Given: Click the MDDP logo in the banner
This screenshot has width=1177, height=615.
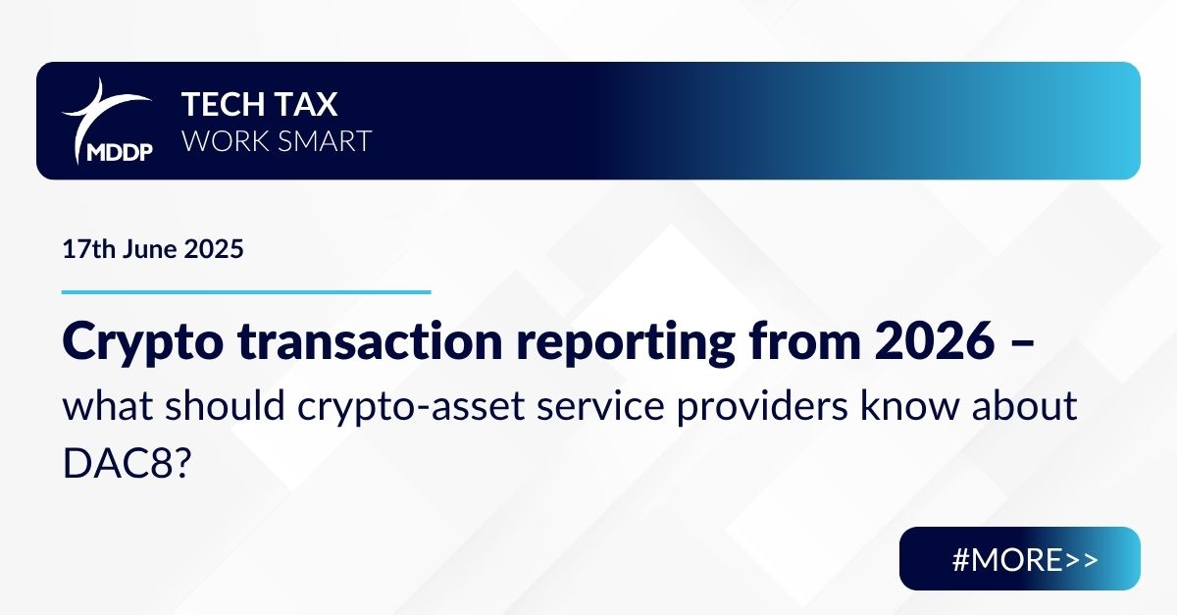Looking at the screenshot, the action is [x=108, y=122].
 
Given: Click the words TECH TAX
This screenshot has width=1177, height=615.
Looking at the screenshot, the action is [x=260, y=104].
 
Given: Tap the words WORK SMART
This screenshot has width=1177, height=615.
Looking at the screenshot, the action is [x=277, y=141].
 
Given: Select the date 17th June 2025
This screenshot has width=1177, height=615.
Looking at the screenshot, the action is [x=153, y=248].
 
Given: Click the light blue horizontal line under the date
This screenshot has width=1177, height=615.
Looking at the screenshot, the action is [x=246, y=291].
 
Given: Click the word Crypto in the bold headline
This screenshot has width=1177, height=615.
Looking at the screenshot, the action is [x=143, y=342].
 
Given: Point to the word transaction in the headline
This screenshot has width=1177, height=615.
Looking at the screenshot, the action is [x=370, y=341].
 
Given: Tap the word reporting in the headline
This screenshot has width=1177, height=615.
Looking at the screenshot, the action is [x=626, y=343].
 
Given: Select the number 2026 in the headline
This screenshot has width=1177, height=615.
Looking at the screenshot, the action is [x=935, y=341].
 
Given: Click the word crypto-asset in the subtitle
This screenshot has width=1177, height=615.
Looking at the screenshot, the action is [x=411, y=407].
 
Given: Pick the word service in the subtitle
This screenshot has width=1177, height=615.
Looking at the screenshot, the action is [x=600, y=406].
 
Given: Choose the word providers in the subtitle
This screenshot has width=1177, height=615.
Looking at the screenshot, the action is [x=762, y=407].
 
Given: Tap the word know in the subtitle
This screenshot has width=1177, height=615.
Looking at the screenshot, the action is [x=909, y=405].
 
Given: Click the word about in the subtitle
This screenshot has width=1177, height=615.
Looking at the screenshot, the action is [x=1025, y=405].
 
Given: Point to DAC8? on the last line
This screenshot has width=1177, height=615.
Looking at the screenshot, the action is [x=127, y=463].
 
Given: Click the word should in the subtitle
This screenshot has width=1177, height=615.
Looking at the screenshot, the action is [x=225, y=405].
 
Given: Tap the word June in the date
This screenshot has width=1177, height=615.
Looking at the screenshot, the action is [x=149, y=248].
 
